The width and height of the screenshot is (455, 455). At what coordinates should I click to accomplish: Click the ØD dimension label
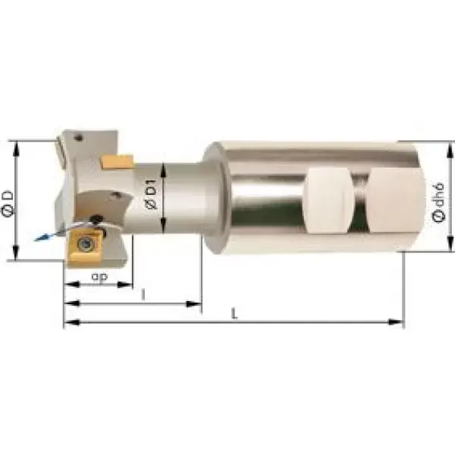[x=8, y=203]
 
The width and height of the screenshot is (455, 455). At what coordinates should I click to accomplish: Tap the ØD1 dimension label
[x=151, y=194]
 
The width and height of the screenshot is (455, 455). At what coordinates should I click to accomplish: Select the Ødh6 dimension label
[x=438, y=202]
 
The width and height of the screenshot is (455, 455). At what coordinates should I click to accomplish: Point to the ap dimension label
[x=99, y=277]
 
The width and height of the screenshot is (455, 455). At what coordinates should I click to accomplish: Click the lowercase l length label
[x=143, y=295]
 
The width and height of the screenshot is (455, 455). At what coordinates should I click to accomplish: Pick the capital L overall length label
[x=234, y=313]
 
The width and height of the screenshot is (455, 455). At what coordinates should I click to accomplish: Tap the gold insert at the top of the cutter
[x=118, y=162]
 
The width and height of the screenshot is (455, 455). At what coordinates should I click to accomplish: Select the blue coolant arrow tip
[x=36, y=240]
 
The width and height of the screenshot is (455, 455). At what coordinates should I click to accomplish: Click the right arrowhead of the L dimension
[x=396, y=322]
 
